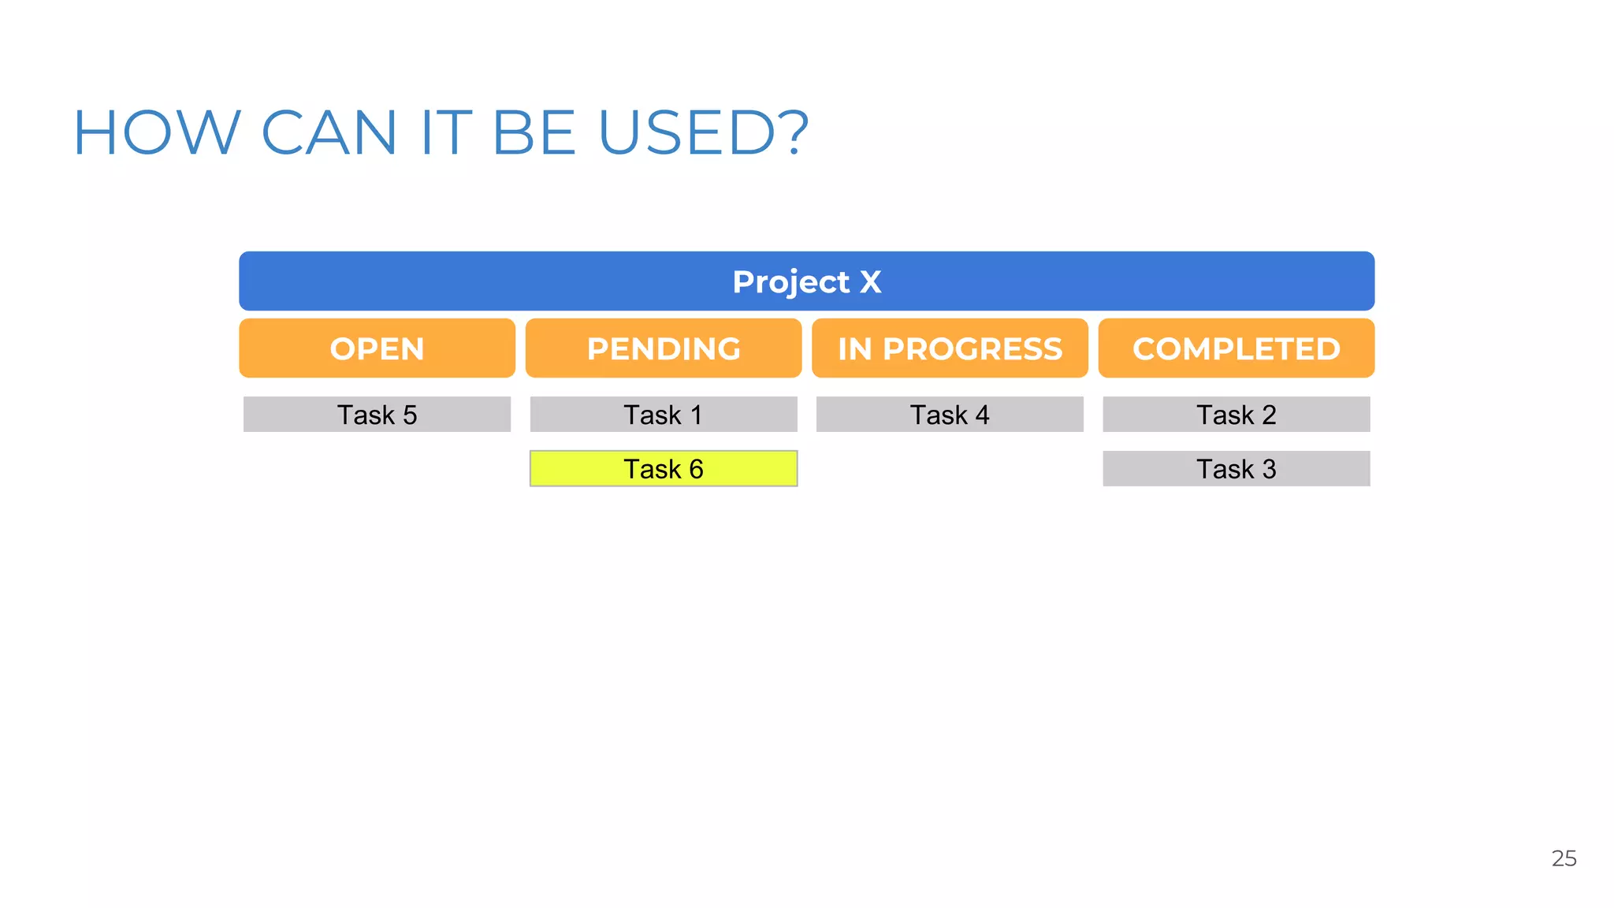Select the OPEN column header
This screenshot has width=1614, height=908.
tap(377, 348)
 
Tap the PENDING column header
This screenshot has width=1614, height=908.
tap(664, 348)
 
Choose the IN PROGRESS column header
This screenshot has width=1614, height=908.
tap(950, 348)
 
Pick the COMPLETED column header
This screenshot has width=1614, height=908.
tap(1236, 348)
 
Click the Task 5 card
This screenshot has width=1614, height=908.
tap(377, 415)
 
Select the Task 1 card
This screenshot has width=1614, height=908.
tap(664, 415)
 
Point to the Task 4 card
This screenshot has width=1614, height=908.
tap(950, 415)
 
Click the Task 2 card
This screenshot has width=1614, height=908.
tap(1236, 415)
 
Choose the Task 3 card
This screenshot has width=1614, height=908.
tap(1236, 469)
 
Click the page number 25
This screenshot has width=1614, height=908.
tap(1564, 858)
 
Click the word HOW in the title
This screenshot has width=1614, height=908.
tap(156, 132)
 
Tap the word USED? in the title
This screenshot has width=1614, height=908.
tap(703, 132)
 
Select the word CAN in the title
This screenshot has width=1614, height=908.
tap(329, 132)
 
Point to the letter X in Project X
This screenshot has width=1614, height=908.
tap(870, 281)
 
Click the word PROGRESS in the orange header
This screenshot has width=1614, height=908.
tap(972, 348)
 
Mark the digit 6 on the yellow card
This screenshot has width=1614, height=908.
tap(696, 469)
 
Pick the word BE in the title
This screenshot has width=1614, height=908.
tap(534, 132)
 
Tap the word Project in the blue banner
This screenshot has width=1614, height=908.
tap(790, 281)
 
